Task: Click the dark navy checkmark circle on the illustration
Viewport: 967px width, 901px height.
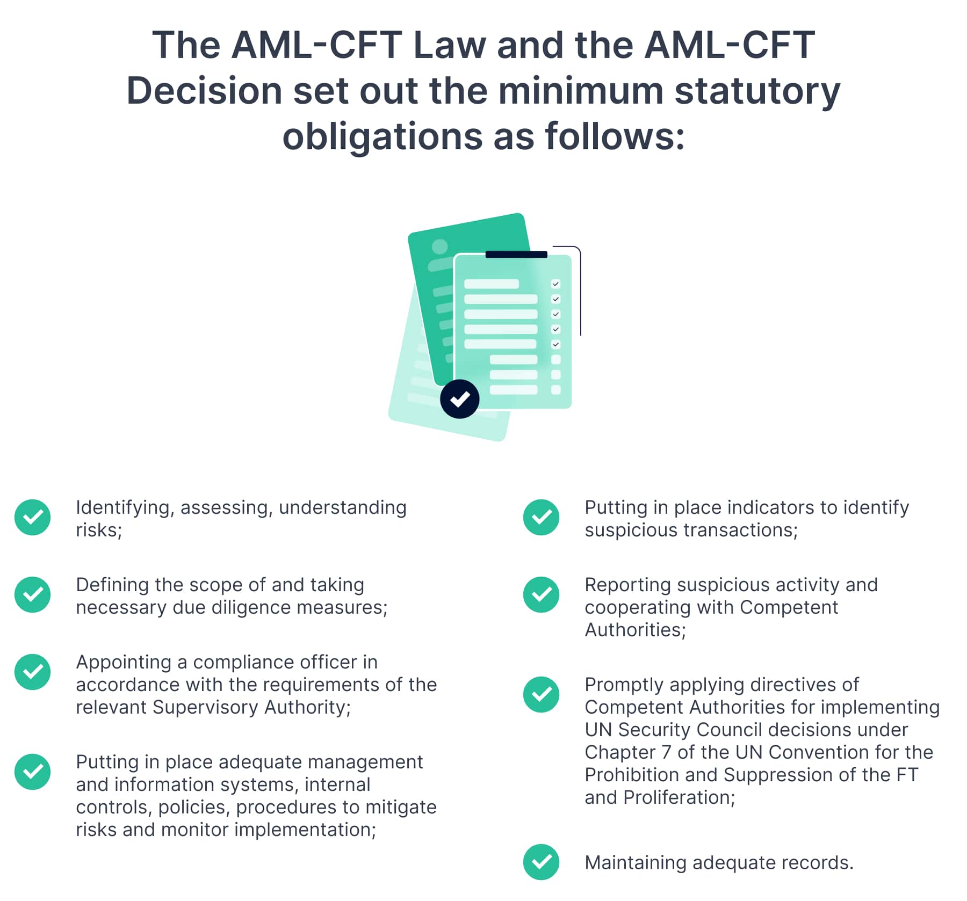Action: pos(459,399)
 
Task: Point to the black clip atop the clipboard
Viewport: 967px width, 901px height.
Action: pos(516,255)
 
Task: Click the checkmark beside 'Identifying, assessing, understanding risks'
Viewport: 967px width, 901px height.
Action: pos(33,518)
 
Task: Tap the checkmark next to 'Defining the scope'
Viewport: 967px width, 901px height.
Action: pos(33,595)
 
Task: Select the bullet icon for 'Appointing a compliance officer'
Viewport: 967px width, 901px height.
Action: pos(33,672)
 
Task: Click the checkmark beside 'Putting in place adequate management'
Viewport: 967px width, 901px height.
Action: pos(33,772)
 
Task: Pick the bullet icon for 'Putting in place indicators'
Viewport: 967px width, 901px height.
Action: pos(541,518)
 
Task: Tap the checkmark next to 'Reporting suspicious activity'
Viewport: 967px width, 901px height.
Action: pos(541,595)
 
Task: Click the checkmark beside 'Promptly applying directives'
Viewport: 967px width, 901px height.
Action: pos(541,695)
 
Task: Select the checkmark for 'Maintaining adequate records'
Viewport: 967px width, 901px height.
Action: pos(541,862)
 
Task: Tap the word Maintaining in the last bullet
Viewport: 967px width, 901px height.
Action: pos(636,862)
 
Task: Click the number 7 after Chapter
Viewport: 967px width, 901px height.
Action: pos(666,752)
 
